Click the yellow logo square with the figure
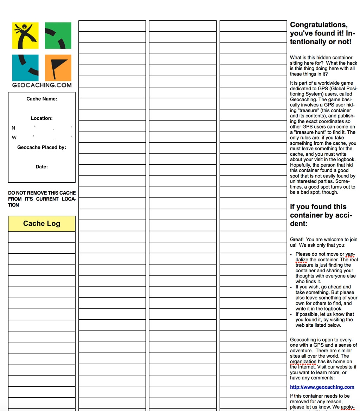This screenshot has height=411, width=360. click(x=25, y=35)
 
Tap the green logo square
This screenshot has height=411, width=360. click(x=58, y=35)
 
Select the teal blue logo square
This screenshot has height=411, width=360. click(x=25, y=67)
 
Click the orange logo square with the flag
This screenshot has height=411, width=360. click(x=58, y=67)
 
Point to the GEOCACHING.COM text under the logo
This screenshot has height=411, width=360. click(x=41, y=85)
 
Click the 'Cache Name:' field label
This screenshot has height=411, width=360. click(x=41, y=99)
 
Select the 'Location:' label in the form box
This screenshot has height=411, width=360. click(x=41, y=118)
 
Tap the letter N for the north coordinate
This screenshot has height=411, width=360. click(x=13, y=128)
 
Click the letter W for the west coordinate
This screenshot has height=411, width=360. click(x=14, y=138)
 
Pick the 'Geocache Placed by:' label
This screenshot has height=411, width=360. click(x=41, y=148)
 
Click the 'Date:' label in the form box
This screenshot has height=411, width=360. click(x=41, y=167)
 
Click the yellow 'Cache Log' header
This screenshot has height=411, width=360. click(x=41, y=224)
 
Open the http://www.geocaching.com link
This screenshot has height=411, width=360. click(x=322, y=387)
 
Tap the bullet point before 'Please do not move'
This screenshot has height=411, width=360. click(x=291, y=254)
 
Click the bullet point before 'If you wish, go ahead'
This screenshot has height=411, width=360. click(x=291, y=287)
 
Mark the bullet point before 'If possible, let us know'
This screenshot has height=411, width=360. click(x=291, y=314)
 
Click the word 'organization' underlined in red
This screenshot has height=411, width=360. click(x=303, y=361)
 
